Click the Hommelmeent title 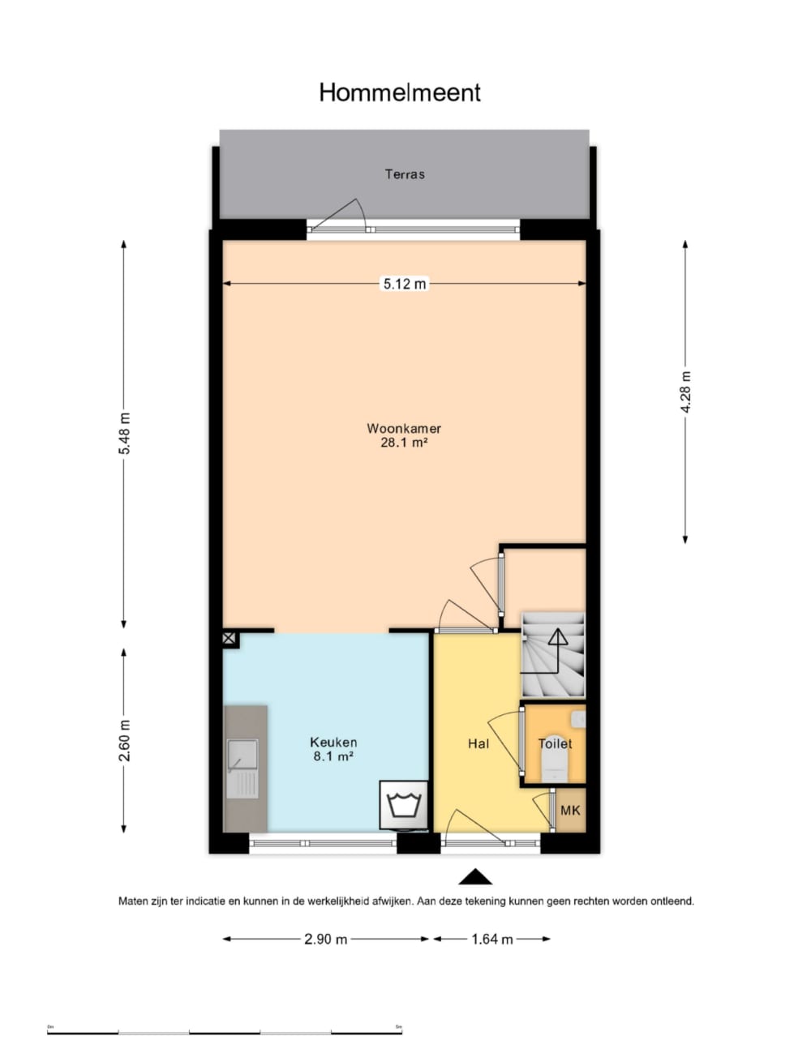click(400, 92)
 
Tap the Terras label click(405, 174)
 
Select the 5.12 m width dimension click(405, 284)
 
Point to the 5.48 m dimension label click(125, 434)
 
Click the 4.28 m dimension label click(685, 392)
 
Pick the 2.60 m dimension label click(125, 740)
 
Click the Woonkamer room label click(404, 428)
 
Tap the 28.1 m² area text click(404, 442)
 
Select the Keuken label click(333, 742)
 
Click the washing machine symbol click(404, 805)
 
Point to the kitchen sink click(242, 769)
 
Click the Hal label click(478, 744)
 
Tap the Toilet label click(556, 744)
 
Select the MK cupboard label click(570, 810)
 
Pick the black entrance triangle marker click(475, 876)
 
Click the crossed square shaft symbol click(230, 639)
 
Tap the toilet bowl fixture click(554, 768)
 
